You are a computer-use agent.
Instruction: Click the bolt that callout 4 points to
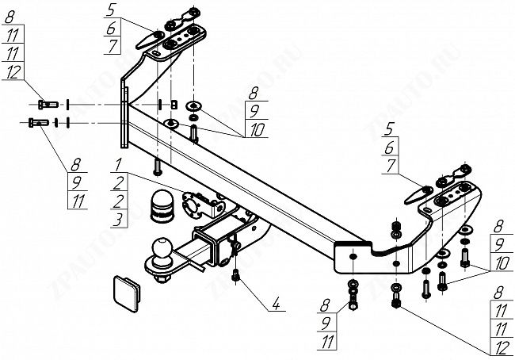pyautogui.click(x=235, y=275)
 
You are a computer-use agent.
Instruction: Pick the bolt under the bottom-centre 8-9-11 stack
pyautogui.click(x=351, y=299)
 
